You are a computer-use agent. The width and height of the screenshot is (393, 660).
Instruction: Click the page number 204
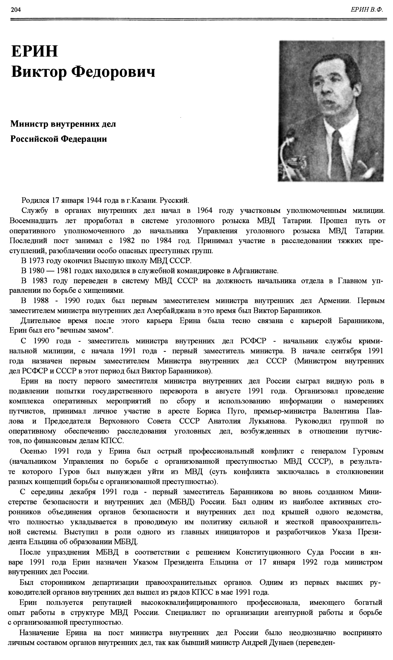pos(16,10)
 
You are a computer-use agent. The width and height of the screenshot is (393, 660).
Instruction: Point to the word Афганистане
pos(256,271)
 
